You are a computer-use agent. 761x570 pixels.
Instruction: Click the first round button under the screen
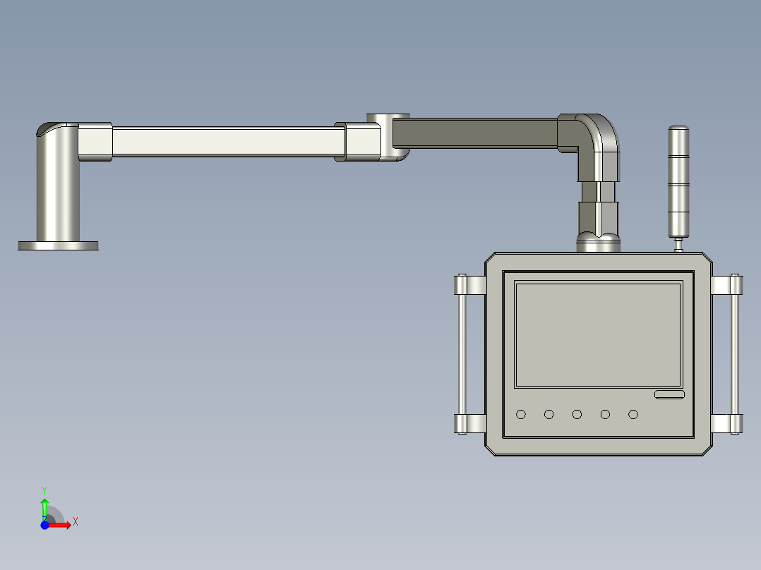[521, 414]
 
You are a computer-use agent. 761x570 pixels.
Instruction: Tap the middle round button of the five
[577, 414]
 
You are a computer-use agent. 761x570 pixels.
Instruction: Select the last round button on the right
[633, 414]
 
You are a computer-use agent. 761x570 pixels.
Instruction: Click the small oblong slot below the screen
[669, 394]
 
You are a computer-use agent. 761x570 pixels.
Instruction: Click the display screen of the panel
[598, 335]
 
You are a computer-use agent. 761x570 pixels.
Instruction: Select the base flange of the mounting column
[58, 245]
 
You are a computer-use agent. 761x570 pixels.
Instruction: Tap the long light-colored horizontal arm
[222, 141]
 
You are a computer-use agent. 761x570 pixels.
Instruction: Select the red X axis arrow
[61, 525]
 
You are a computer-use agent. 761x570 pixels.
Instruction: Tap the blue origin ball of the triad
[44, 525]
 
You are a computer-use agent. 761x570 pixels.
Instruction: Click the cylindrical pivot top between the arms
[388, 118]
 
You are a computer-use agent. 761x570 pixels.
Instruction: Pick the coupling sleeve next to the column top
[95, 141]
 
